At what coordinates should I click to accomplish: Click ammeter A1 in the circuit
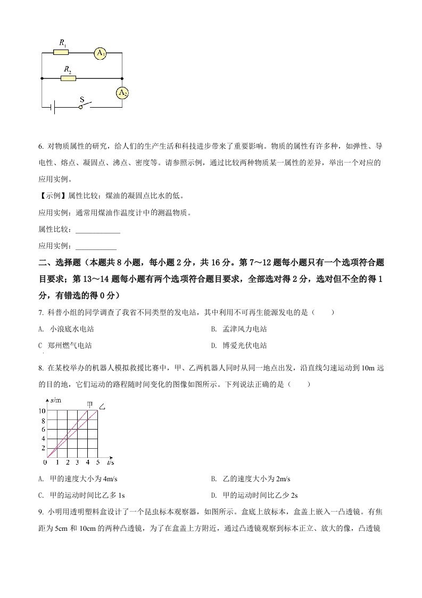(x=100, y=53)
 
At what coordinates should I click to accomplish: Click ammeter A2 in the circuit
(x=122, y=93)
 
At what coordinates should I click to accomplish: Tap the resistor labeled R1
(x=61, y=53)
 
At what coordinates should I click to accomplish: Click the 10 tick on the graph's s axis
(x=42, y=410)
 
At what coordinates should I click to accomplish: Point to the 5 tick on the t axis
(x=98, y=463)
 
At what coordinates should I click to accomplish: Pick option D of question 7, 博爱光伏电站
(x=241, y=345)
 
